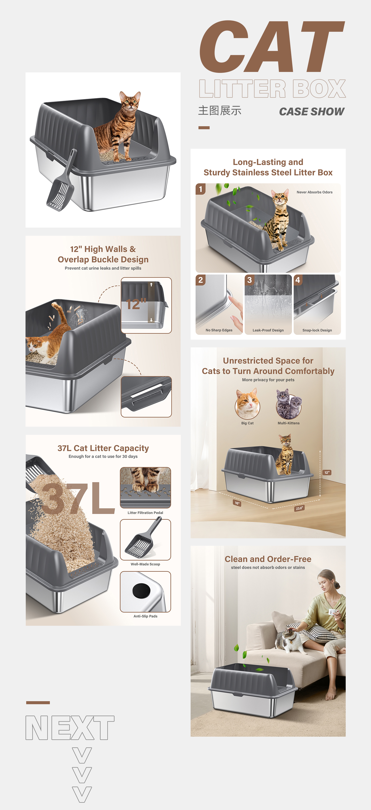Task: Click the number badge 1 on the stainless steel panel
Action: point(200,189)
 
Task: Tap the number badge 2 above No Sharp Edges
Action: point(200,280)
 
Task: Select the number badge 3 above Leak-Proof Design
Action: point(249,280)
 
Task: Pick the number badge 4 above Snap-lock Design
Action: point(298,280)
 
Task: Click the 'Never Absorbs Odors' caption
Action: point(314,192)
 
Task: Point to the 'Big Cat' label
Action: point(247,423)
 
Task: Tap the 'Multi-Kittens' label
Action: point(288,423)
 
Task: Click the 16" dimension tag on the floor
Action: point(237,503)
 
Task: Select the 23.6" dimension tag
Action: point(300,508)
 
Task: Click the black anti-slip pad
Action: point(141,591)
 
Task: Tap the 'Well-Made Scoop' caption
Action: point(145,564)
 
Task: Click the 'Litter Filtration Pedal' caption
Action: point(145,513)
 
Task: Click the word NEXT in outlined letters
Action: point(70,728)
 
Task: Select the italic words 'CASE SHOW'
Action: point(312,112)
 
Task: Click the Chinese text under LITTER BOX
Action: point(220,111)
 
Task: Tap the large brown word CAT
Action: point(272,46)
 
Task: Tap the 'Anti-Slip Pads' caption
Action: point(145,616)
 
